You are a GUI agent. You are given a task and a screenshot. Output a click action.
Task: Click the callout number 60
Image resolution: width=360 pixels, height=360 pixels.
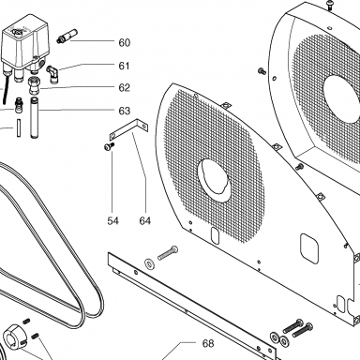point(124,42)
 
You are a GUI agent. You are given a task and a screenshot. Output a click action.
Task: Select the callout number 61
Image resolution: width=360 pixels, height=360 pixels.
point(124,66)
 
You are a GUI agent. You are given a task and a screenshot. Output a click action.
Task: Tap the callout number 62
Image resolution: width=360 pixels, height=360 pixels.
point(124,88)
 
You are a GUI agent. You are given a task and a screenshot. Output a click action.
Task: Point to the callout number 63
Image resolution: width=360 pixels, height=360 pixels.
point(124,111)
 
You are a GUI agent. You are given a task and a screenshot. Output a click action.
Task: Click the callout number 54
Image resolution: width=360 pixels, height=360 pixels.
point(112,221)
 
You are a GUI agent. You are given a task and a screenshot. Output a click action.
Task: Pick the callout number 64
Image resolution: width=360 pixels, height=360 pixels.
point(145,221)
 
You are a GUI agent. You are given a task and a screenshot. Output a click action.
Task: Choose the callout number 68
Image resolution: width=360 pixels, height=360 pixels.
point(208,344)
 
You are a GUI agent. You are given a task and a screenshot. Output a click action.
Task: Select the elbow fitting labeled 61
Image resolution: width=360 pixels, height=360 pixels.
point(52,74)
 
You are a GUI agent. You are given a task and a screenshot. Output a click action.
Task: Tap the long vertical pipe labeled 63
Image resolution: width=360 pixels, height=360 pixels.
point(34,118)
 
